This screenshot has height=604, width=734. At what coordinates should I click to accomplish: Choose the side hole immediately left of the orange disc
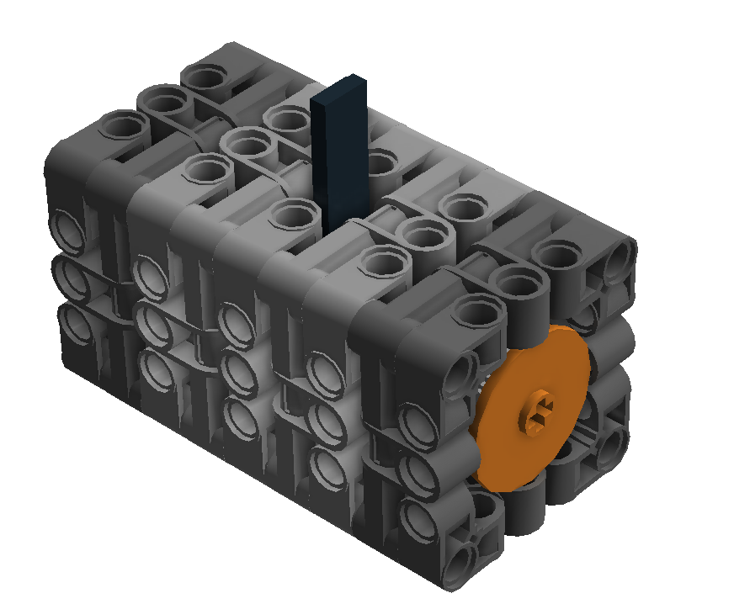[x=461, y=372]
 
